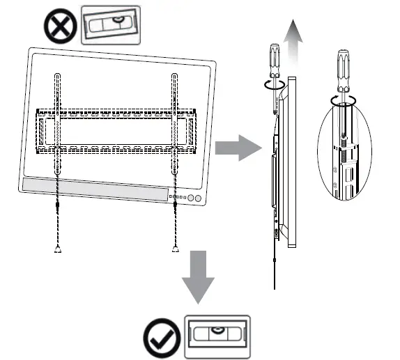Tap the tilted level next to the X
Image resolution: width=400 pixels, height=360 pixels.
click(107, 26)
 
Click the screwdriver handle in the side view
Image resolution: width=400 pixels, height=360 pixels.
click(273, 58)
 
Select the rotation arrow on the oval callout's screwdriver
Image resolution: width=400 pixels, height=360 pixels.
click(342, 100)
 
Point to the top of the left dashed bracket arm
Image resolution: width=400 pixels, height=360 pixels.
click(56, 75)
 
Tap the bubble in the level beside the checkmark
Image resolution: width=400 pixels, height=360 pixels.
click(216, 330)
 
